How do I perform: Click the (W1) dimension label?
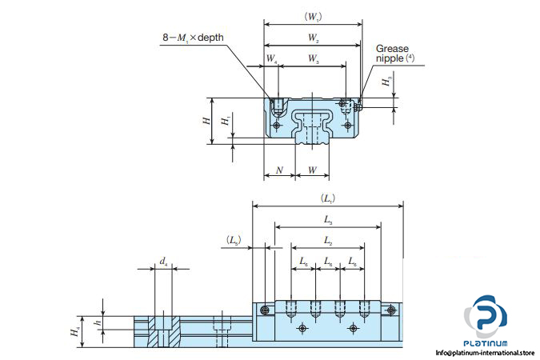pyautogui.click(x=313, y=15)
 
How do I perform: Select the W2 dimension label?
pyautogui.click(x=313, y=38)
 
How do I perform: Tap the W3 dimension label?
pyautogui.click(x=312, y=59)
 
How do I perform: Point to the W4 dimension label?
pyautogui.click(x=272, y=59)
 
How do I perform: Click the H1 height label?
pyautogui.click(x=226, y=121)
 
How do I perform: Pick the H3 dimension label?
pyautogui.click(x=386, y=82)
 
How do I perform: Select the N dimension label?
pyautogui.click(x=278, y=170)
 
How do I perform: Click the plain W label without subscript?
pyautogui.click(x=312, y=170)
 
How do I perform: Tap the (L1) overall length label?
pyautogui.click(x=327, y=197)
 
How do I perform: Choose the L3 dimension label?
pyautogui.click(x=328, y=218)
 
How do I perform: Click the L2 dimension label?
pyautogui.click(x=328, y=240)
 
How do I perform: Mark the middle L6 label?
pyautogui.click(x=328, y=261)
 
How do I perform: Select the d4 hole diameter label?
pyautogui.click(x=162, y=261)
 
